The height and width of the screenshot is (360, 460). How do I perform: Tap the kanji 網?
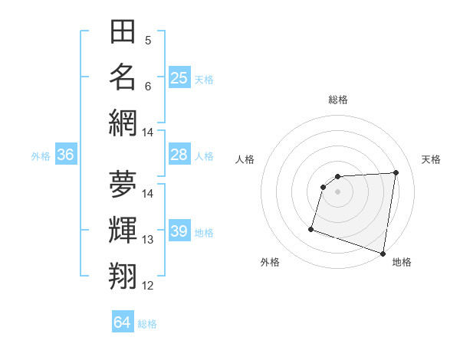tap(123, 123)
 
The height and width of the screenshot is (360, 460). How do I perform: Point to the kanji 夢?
tap(123, 184)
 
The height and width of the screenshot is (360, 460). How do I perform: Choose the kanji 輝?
tap(123, 230)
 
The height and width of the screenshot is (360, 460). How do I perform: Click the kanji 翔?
tap(123, 275)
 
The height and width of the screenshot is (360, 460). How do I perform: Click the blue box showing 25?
tap(179, 77)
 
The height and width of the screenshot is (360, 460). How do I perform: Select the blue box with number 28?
tap(179, 155)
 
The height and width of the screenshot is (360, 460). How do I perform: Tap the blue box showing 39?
tap(179, 231)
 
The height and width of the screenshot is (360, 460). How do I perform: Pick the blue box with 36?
tap(65, 155)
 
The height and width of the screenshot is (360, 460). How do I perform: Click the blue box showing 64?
tap(122, 322)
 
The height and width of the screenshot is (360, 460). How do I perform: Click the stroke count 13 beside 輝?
tap(148, 240)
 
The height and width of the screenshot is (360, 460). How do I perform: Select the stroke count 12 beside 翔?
tap(148, 286)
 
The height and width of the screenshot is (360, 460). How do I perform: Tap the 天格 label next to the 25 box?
tap(204, 79)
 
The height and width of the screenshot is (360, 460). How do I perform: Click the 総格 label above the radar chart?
tap(337, 100)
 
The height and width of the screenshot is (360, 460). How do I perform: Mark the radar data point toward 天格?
tap(396, 172)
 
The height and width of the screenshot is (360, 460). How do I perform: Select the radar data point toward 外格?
tap(311, 228)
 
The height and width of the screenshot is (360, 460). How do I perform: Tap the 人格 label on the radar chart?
tap(245, 159)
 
